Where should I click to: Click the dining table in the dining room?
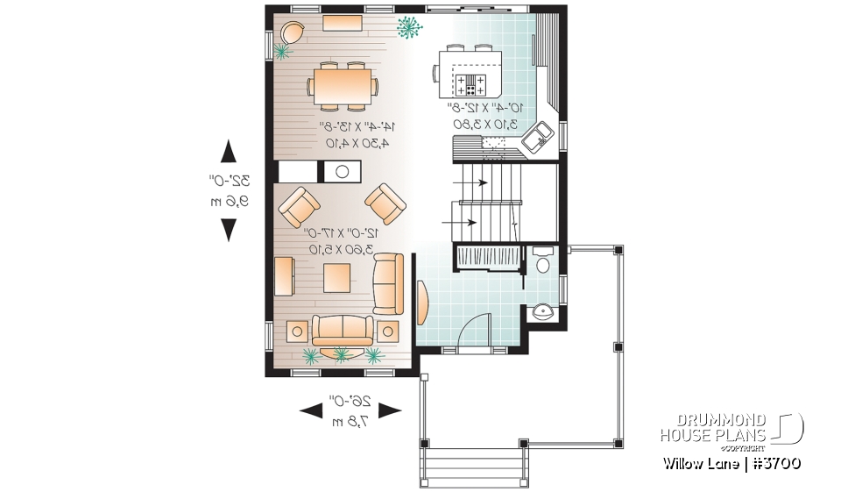[x=343, y=86]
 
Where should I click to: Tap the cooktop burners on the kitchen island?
[x=470, y=84]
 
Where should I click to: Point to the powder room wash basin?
[x=542, y=310]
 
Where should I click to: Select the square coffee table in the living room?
[x=337, y=278]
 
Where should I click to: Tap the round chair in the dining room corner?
[x=293, y=33]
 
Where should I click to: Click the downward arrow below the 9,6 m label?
[x=229, y=230]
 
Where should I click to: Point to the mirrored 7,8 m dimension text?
[x=350, y=423]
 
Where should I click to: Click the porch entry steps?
[x=474, y=465]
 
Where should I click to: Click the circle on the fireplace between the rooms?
[x=343, y=172]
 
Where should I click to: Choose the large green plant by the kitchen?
[x=407, y=28]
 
